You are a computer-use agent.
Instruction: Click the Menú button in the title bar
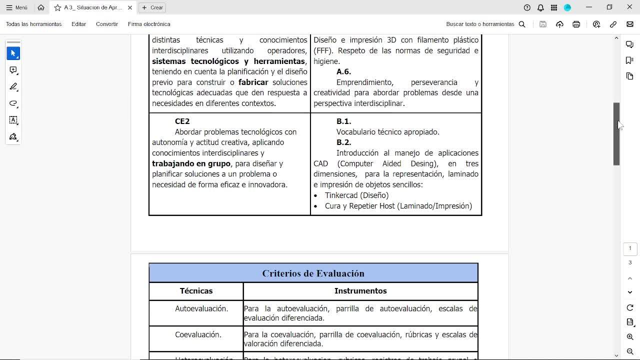[x=17, y=7]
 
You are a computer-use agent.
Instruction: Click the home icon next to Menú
[x=41, y=7]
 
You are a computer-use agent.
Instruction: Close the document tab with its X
[x=130, y=7]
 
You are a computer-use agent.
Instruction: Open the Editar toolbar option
[x=78, y=24]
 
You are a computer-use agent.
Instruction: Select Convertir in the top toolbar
[x=107, y=24]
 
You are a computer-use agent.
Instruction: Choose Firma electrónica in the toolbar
[x=149, y=24]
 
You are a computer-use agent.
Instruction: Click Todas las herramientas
[x=33, y=24]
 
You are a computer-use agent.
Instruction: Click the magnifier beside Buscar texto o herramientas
[x=522, y=24]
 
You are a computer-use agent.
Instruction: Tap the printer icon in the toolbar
[x=576, y=24]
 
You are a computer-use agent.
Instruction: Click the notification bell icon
[x=540, y=7]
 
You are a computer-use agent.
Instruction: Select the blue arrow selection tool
[x=13, y=53]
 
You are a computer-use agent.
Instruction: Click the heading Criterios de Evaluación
[x=313, y=273]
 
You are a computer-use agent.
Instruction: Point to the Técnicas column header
[x=196, y=291]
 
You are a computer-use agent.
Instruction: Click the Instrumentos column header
[x=360, y=291]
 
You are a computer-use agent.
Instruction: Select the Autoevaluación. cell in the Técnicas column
[x=201, y=309]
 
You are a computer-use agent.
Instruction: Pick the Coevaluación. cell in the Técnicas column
[x=198, y=335]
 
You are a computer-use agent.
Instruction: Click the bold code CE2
[x=182, y=121]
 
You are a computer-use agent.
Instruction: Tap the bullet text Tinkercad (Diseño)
[x=356, y=195]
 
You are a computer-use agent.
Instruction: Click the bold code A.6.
[x=343, y=72]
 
